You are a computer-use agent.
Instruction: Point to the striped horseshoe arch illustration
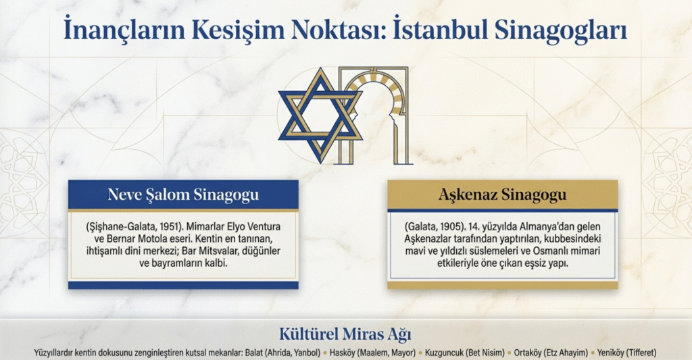[x=374, y=115]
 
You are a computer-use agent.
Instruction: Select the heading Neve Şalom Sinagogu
[x=183, y=195]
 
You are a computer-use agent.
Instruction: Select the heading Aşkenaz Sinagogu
[x=502, y=195]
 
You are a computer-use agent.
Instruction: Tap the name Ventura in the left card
[x=264, y=227]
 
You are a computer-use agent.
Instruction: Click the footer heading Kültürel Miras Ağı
[x=345, y=334]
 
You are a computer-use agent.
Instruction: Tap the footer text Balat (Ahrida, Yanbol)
[x=282, y=353]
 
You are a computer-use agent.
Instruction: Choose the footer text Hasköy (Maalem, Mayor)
[x=372, y=353]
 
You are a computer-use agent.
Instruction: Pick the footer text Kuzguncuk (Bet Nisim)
[x=465, y=353]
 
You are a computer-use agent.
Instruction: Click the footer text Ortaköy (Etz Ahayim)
[x=551, y=353]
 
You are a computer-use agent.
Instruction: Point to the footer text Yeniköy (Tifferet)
[x=626, y=353]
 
